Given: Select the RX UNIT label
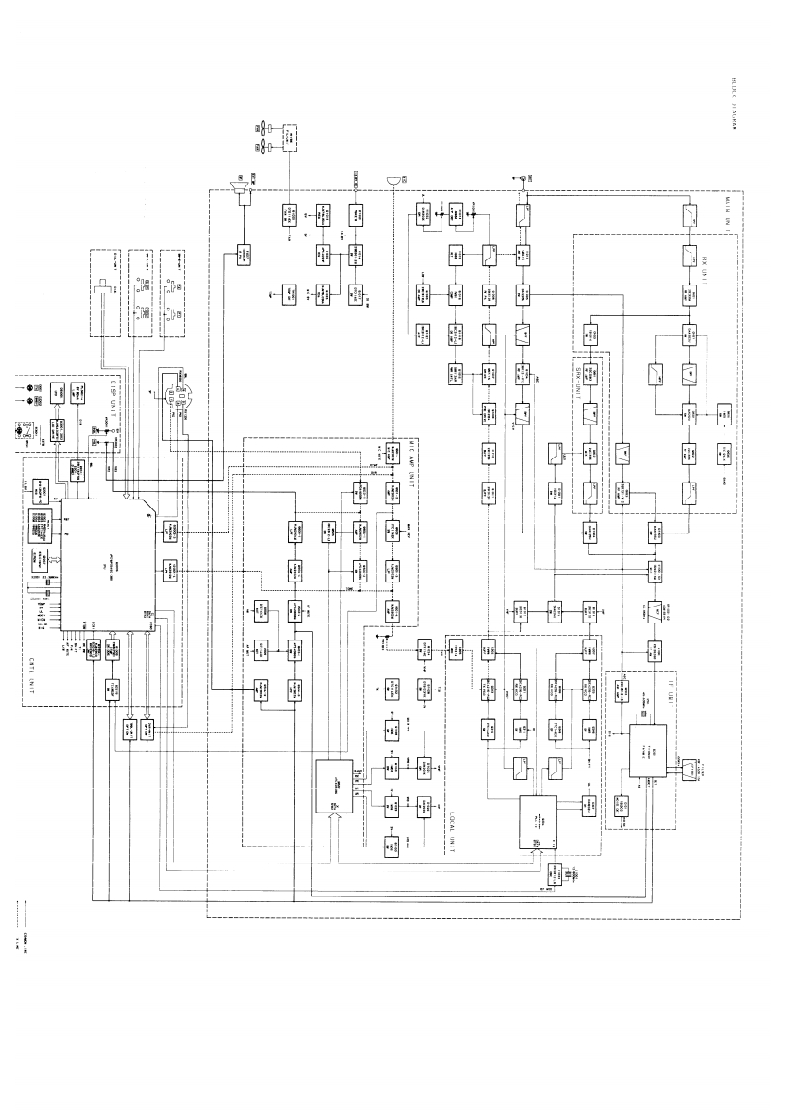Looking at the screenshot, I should pyautogui.click(x=721, y=259).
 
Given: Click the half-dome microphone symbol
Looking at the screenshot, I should pyautogui.click(x=394, y=180).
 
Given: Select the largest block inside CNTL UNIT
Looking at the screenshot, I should pyautogui.click(x=108, y=565).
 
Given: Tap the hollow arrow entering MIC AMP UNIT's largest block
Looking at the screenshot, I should pyautogui.click(x=336, y=819).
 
